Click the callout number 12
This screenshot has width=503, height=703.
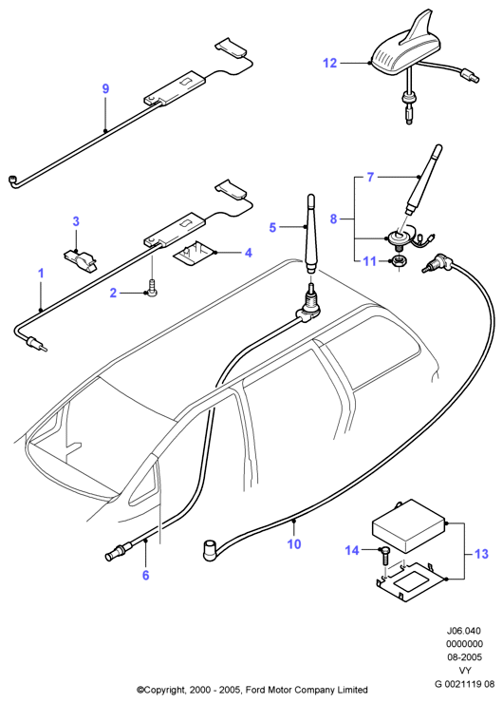(x=329, y=64)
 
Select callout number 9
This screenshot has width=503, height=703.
(x=105, y=88)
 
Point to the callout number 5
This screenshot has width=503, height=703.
(x=272, y=227)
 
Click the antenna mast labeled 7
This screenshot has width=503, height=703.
(x=423, y=180)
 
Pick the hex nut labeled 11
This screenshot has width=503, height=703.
(x=397, y=261)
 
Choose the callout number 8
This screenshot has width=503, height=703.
(x=333, y=219)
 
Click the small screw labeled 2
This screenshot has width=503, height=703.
(x=152, y=286)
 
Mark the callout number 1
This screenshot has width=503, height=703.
(x=41, y=274)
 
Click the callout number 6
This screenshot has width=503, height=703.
(x=145, y=575)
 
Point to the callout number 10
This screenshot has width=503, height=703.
(x=294, y=543)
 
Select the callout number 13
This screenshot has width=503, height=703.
(x=481, y=554)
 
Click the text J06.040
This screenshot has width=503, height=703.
(x=463, y=631)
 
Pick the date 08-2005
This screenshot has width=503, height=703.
(x=464, y=657)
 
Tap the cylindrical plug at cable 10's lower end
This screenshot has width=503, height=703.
(x=209, y=550)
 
